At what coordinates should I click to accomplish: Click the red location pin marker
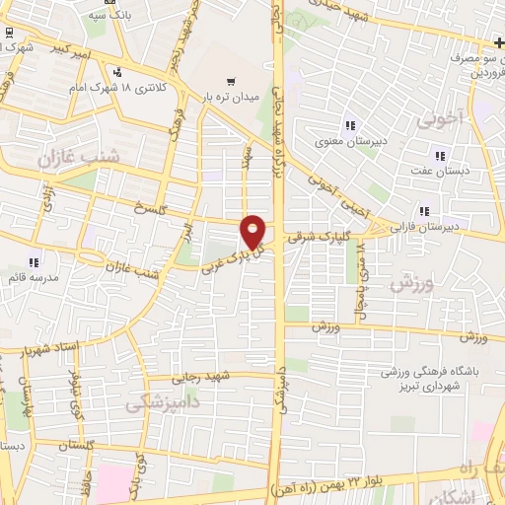tap(253, 231)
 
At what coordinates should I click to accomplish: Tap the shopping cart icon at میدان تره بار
tap(231, 82)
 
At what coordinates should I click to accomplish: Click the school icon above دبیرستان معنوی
tap(349, 124)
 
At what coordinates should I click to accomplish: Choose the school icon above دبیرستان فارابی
tap(425, 210)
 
